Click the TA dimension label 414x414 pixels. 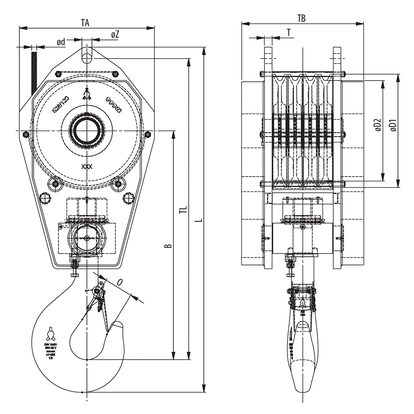[x=85, y=22]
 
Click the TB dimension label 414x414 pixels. [x=301, y=18]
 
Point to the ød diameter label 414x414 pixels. [x=61, y=42]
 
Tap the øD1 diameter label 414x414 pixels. [x=393, y=125]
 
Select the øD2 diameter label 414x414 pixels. [x=377, y=125]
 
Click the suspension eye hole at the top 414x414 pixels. [x=86, y=55]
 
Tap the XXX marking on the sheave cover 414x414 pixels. [x=86, y=167]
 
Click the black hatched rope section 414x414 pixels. [x=34, y=71]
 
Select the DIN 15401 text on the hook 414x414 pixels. [x=50, y=344]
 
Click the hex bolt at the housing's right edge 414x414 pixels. [x=147, y=134]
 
